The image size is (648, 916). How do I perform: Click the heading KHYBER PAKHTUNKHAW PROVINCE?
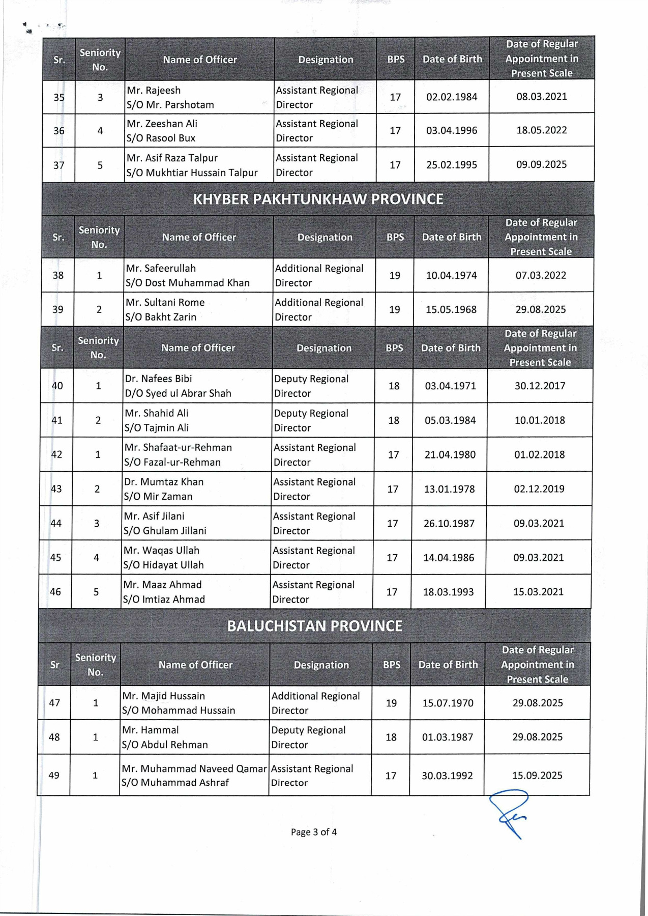click(x=318, y=199)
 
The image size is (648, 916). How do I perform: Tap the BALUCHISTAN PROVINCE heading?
click(x=314, y=625)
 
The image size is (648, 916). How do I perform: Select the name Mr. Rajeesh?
click(x=154, y=91)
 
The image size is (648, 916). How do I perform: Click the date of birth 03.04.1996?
click(x=452, y=130)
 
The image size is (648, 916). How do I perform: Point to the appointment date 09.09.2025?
click(x=541, y=164)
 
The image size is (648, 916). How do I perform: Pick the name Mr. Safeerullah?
click(x=161, y=268)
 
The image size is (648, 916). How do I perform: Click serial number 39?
click(x=58, y=309)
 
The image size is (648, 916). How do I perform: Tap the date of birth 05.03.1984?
click(x=450, y=420)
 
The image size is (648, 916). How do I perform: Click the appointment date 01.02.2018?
click(x=539, y=454)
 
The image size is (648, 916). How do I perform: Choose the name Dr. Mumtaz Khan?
click(x=164, y=482)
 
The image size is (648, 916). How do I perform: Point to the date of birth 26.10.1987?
click(x=449, y=523)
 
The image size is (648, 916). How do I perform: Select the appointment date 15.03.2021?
click(x=538, y=592)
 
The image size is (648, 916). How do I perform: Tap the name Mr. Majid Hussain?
click(x=163, y=696)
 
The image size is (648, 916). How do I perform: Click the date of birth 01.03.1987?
click(x=448, y=737)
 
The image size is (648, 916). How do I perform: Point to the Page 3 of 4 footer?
click(x=314, y=832)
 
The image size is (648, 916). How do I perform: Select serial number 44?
click(x=56, y=523)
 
